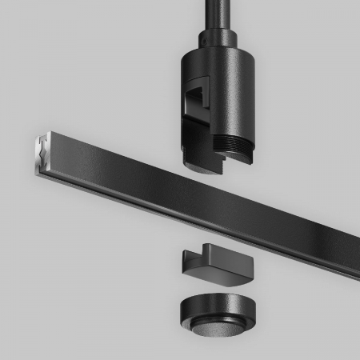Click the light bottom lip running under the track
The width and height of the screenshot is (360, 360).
(x=200, y=214)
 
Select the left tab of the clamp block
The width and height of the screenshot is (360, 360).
(x=189, y=261)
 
